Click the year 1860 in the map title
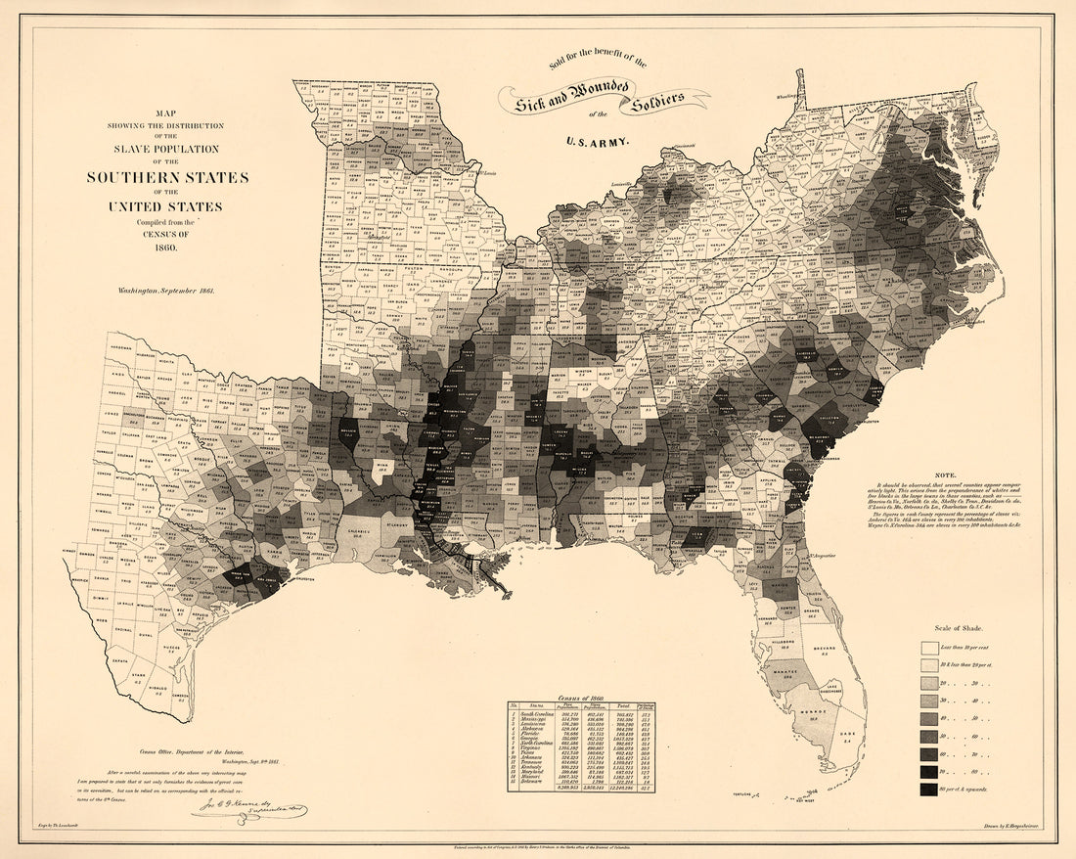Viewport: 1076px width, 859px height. coord(166,244)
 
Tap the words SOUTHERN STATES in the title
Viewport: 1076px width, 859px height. coord(166,177)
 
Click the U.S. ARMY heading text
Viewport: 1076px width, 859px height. coord(597,141)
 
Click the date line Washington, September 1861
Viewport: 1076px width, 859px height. coord(166,291)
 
